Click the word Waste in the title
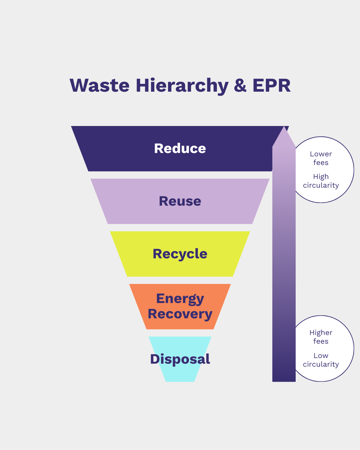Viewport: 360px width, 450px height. coord(99,85)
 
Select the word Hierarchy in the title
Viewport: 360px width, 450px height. coord(182,86)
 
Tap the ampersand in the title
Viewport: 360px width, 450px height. coord(240,85)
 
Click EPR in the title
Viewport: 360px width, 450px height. coord(271,85)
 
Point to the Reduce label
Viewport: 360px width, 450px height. coord(180,148)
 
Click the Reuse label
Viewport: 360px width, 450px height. coord(180,201)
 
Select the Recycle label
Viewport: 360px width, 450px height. coord(180,254)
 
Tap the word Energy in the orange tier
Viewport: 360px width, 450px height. coord(180,299)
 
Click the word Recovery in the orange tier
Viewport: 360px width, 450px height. coord(180,314)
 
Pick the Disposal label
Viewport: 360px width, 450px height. coord(180,359)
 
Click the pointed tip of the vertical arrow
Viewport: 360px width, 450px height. coord(284,129)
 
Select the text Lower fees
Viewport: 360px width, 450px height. coord(321,158)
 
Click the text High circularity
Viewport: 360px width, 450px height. coord(321,181)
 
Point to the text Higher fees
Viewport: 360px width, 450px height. coord(321,337)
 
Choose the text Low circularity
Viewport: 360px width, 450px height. coord(321,360)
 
